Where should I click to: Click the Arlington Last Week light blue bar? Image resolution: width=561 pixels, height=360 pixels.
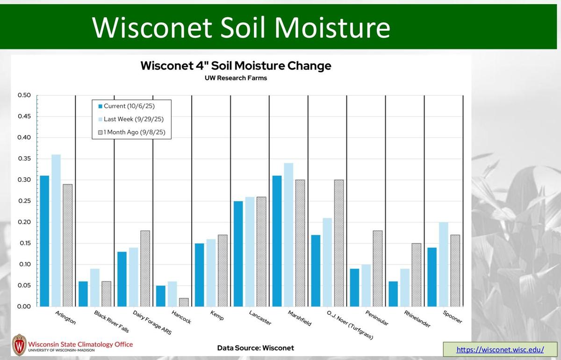(56, 230)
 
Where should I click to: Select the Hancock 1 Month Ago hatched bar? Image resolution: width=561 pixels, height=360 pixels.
(183, 302)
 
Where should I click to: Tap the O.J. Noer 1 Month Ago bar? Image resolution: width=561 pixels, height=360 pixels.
(338, 243)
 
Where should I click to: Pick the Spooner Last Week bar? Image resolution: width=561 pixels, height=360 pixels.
(443, 264)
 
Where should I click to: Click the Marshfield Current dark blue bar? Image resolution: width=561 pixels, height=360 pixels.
(277, 241)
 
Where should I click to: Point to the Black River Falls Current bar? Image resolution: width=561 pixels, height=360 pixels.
(83, 294)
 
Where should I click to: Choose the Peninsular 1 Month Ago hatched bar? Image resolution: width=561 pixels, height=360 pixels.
(377, 268)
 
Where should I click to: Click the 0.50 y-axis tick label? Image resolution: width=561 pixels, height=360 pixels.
(24, 95)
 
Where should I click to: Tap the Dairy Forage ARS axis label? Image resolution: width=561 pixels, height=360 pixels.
(152, 322)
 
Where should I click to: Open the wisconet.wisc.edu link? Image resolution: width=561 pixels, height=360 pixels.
(500, 349)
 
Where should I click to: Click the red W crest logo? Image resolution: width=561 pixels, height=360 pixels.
(19, 345)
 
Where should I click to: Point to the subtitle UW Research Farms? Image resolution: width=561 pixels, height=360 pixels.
(236, 78)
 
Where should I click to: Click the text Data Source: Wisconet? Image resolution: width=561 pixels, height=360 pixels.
(256, 348)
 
